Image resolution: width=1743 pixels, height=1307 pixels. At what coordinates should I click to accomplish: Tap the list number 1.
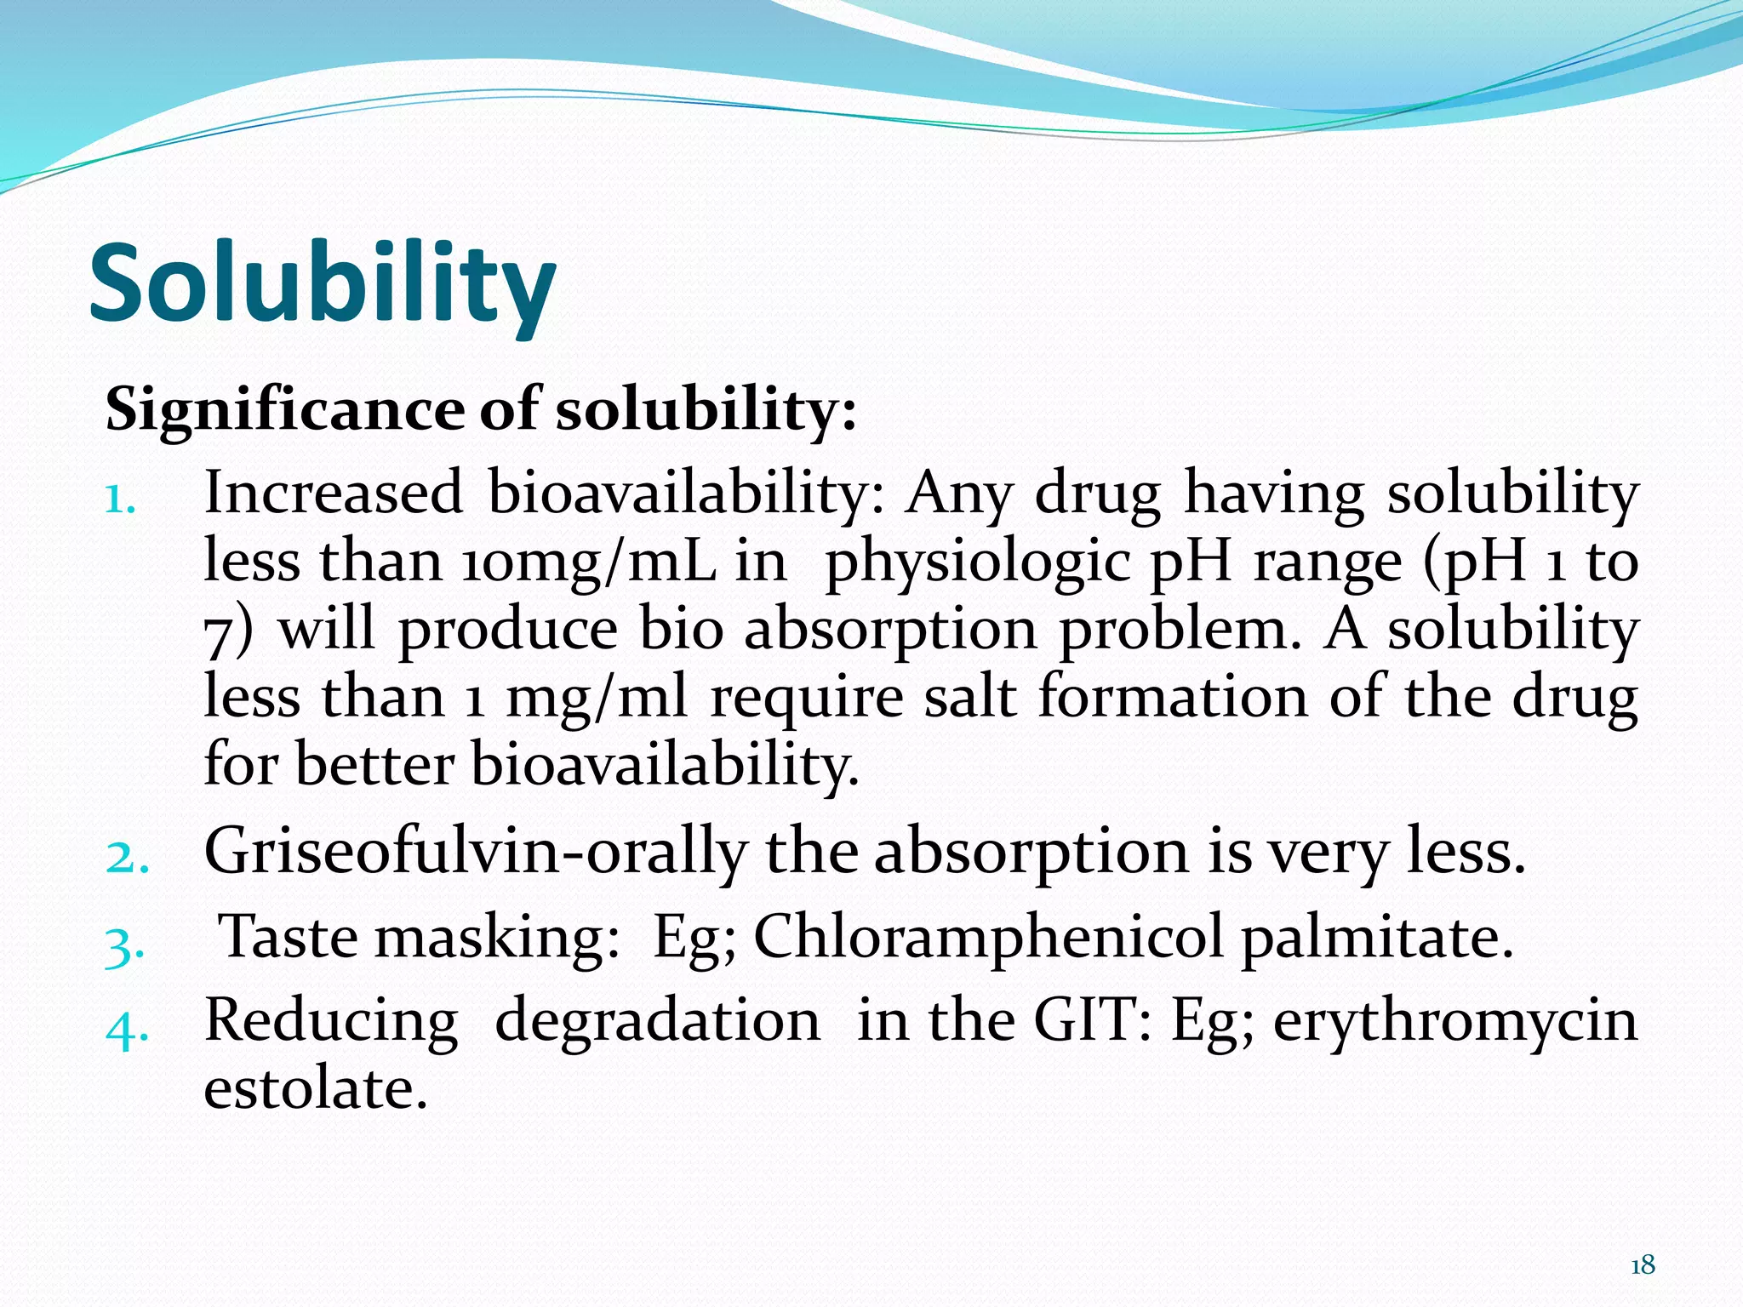point(120,501)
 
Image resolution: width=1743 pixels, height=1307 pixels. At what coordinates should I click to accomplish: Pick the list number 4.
point(127,1030)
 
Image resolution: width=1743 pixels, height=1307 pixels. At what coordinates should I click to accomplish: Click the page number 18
point(1642,1265)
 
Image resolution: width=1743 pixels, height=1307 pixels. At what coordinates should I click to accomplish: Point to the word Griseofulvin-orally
point(475,852)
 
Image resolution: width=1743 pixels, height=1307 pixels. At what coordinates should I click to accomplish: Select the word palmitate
point(1376,937)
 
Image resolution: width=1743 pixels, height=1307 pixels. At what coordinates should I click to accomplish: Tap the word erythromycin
point(1454,1022)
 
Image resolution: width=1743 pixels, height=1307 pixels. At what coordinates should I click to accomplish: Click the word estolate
point(315,1089)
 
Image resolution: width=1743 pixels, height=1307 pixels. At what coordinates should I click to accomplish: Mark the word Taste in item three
point(289,937)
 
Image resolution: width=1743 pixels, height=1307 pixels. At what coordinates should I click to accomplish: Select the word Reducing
point(331,1022)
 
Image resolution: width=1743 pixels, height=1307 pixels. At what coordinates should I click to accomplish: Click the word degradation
point(657,1020)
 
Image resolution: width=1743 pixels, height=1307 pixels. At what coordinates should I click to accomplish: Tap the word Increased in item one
point(334,494)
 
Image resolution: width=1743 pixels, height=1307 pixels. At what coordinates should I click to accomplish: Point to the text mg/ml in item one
point(596,699)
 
